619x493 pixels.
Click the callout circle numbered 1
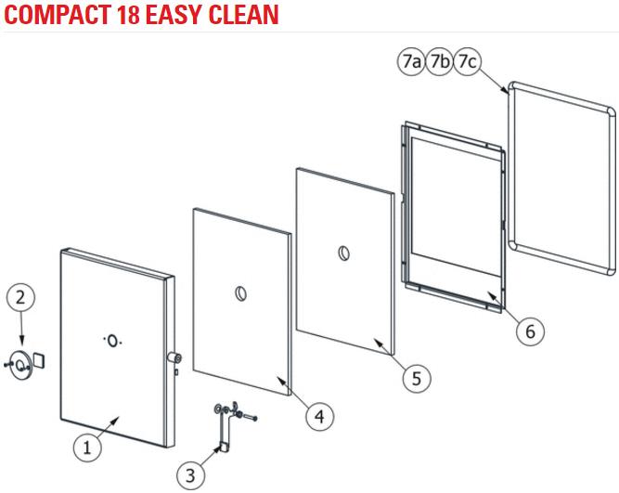(x=87, y=448)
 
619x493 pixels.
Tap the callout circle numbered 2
(x=21, y=297)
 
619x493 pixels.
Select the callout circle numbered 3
(x=190, y=475)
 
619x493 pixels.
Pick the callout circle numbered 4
(x=320, y=417)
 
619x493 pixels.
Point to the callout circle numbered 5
(x=417, y=378)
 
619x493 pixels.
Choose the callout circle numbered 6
(x=530, y=331)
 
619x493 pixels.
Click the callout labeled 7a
(x=411, y=61)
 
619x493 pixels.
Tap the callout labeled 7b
(x=439, y=61)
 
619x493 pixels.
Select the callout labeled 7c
(x=468, y=61)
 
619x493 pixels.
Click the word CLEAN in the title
(x=243, y=15)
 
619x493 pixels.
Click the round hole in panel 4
(x=241, y=294)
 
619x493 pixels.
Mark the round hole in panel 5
(x=344, y=253)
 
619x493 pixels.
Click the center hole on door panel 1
(x=112, y=341)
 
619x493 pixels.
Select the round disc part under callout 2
(x=21, y=364)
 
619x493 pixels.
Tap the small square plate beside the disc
(x=39, y=360)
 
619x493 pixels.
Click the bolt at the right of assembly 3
(x=251, y=417)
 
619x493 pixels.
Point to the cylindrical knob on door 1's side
(x=174, y=358)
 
